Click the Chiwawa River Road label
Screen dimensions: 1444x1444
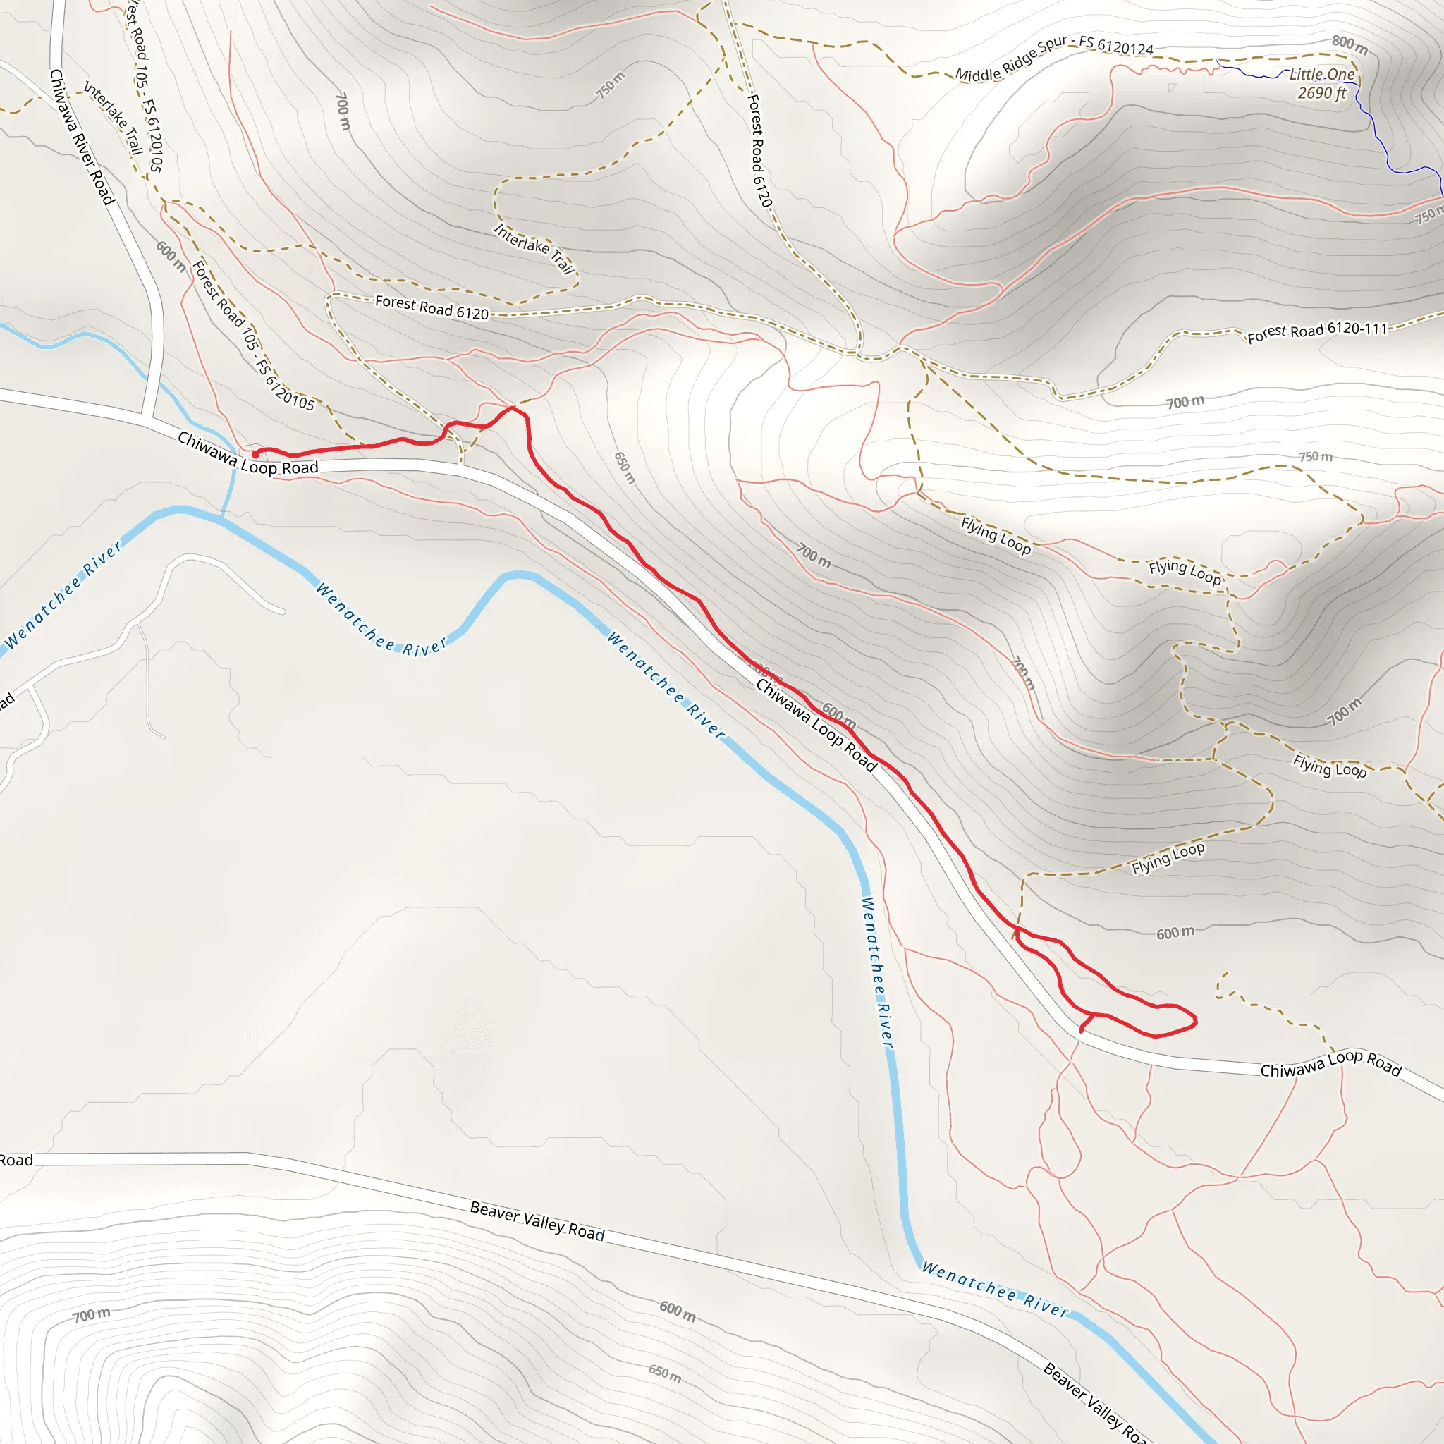[82, 137]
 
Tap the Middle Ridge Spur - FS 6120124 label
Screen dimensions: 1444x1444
[1054, 57]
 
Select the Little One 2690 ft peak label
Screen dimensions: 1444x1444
[1321, 84]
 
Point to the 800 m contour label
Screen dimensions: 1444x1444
[1350, 45]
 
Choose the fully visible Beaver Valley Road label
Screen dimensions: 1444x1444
[537, 1220]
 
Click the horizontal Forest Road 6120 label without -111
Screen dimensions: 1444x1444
[432, 307]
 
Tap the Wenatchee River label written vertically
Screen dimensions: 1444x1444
[876, 972]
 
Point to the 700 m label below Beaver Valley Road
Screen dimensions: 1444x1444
[91, 1315]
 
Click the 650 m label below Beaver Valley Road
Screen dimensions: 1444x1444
[664, 1373]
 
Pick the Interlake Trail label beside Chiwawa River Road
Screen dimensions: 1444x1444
[113, 117]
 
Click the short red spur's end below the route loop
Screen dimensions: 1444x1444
[1082, 1032]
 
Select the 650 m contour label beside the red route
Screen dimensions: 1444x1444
[624, 468]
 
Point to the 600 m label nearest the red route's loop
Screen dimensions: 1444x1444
[1175, 933]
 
